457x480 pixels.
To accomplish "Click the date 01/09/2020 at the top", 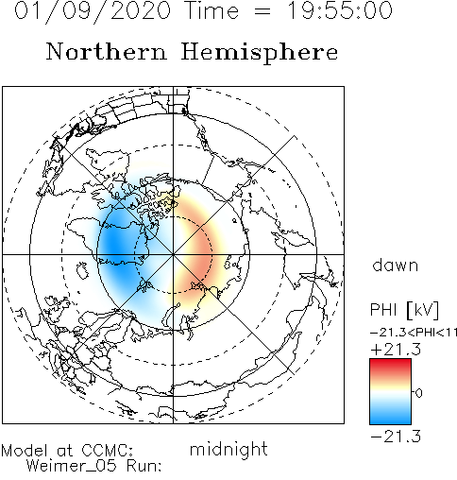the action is tap(93, 11).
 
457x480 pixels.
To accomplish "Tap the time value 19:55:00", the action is tap(340, 10).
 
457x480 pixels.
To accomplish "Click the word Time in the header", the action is tap(212, 10).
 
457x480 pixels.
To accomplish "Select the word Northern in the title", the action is tap(107, 52).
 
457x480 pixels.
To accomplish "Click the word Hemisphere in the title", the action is tap(260, 53).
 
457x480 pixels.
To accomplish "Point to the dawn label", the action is tap(396, 266).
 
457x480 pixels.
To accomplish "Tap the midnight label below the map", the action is tap(228, 449).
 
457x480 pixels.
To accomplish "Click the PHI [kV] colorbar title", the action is tap(404, 310).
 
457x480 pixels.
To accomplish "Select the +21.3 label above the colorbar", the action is tap(396, 350).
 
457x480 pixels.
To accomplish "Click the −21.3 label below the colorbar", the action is tap(396, 437).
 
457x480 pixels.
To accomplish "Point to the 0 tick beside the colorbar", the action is tap(418, 393).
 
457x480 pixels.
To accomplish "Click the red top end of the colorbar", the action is tap(390, 362).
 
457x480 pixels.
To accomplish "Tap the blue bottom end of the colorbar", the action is tap(390, 420).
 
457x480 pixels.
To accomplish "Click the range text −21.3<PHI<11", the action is tap(414, 333).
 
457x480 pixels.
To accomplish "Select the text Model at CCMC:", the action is tap(67, 451).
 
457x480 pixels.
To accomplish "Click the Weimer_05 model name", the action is tap(71, 466).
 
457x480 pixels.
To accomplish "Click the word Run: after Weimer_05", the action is tap(144, 466).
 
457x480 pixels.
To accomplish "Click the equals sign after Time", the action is tap(262, 11).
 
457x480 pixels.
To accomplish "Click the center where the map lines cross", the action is tap(173, 254).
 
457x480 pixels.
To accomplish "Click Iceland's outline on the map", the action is tap(83, 270).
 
